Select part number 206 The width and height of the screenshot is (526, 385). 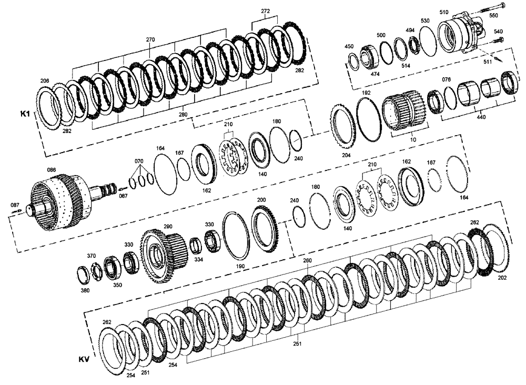(x=45, y=81)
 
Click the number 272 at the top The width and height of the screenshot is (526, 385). (x=266, y=11)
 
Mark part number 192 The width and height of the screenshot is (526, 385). (x=366, y=92)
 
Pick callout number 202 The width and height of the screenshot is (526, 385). (x=502, y=277)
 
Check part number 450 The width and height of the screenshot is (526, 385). (x=349, y=47)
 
